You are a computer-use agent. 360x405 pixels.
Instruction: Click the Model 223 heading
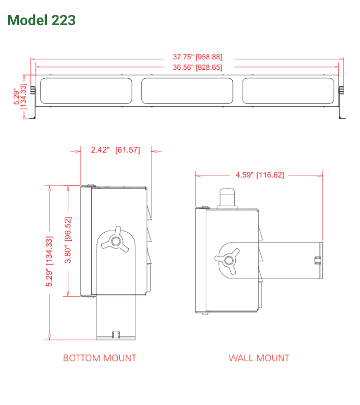click(x=41, y=20)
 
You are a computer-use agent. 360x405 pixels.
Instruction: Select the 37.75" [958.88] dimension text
click(x=198, y=57)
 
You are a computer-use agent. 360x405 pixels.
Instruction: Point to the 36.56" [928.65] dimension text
click(x=198, y=67)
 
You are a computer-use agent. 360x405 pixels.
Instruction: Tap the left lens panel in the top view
click(x=86, y=90)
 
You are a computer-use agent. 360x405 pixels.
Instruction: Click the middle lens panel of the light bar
click(x=187, y=90)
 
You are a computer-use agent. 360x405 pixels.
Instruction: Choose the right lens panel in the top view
click(x=288, y=90)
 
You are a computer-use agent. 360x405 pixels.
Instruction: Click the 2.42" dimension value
click(x=100, y=150)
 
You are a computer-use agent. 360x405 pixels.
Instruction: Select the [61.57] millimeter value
click(x=128, y=150)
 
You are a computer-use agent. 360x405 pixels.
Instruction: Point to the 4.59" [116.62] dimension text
click(x=260, y=175)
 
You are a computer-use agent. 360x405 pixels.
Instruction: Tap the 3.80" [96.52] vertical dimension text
click(x=68, y=241)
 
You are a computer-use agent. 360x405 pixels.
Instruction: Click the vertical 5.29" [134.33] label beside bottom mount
click(x=49, y=261)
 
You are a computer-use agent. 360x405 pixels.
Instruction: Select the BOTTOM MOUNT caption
click(x=99, y=358)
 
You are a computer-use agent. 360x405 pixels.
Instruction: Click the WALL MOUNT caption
click(x=259, y=358)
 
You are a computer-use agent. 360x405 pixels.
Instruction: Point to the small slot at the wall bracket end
click(x=317, y=259)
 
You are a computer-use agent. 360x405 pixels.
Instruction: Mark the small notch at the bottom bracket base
click(x=116, y=334)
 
